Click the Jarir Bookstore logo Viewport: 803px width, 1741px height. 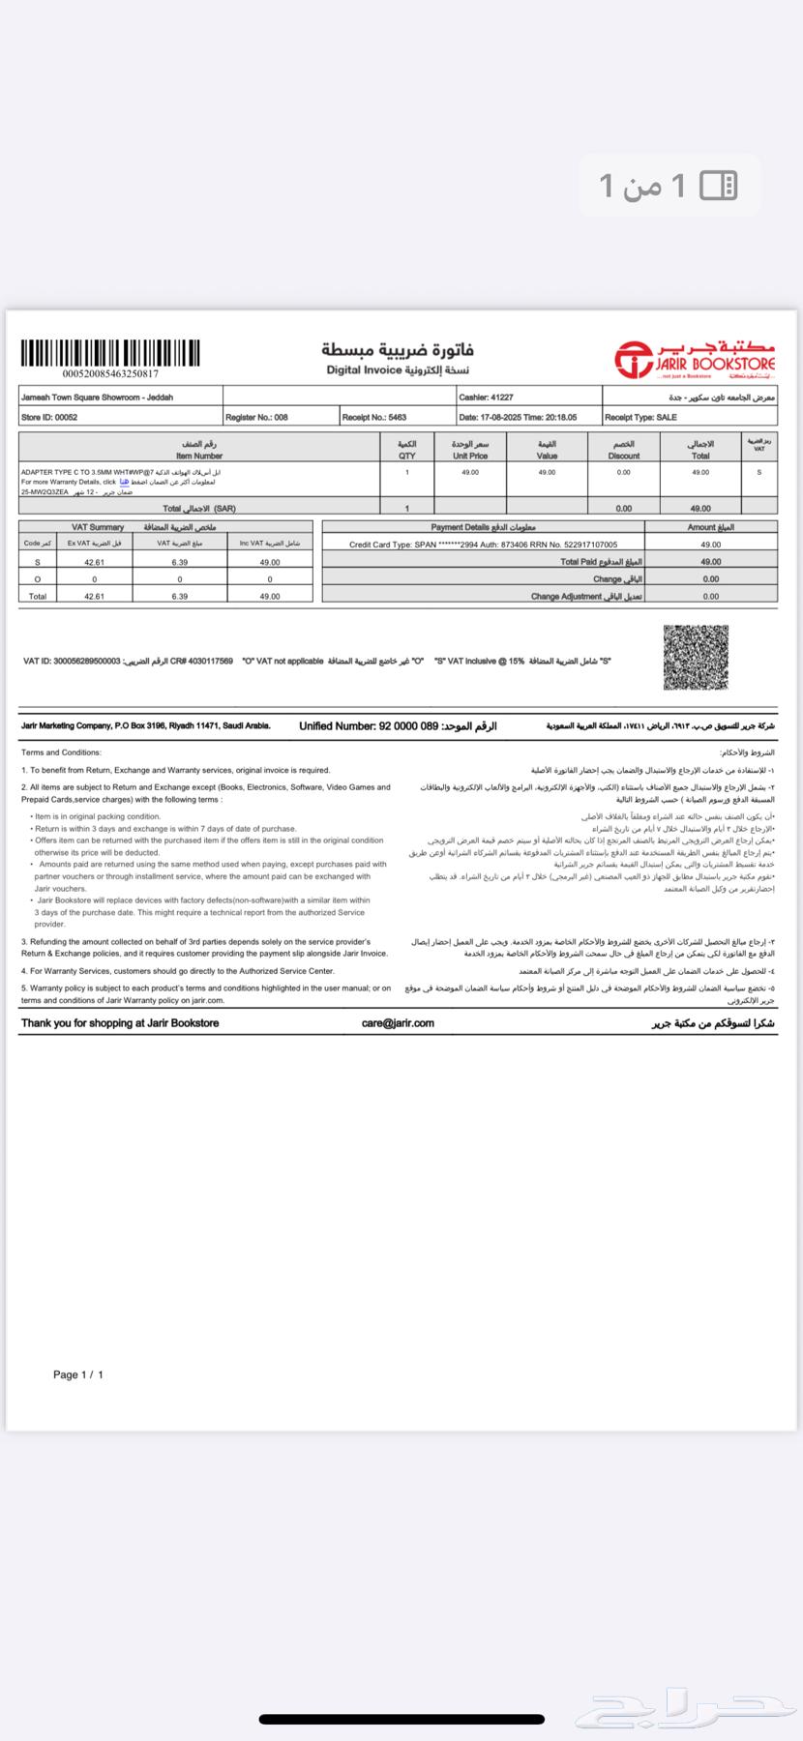click(696, 359)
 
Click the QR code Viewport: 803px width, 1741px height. click(695, 658)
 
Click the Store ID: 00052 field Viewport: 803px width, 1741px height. click(49, 417)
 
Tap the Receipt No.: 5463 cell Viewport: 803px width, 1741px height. click(374, 417)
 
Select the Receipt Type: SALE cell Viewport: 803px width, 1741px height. click(640, 417)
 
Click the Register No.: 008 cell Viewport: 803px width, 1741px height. click(256, 417)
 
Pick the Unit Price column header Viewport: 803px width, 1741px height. click(470, 450)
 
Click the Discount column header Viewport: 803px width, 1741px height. click(623, 450)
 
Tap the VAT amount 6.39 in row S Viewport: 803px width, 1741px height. click(179, 562)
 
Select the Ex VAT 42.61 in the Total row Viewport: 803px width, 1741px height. click(94, 597)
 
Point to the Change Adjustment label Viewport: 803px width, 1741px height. click(586, 597)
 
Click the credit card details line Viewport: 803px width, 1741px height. click(483, 545)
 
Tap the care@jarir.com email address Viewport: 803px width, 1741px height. click(398, 1022)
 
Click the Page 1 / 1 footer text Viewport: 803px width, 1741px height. click(78, 1374)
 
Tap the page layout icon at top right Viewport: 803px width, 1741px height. click(718, 185)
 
